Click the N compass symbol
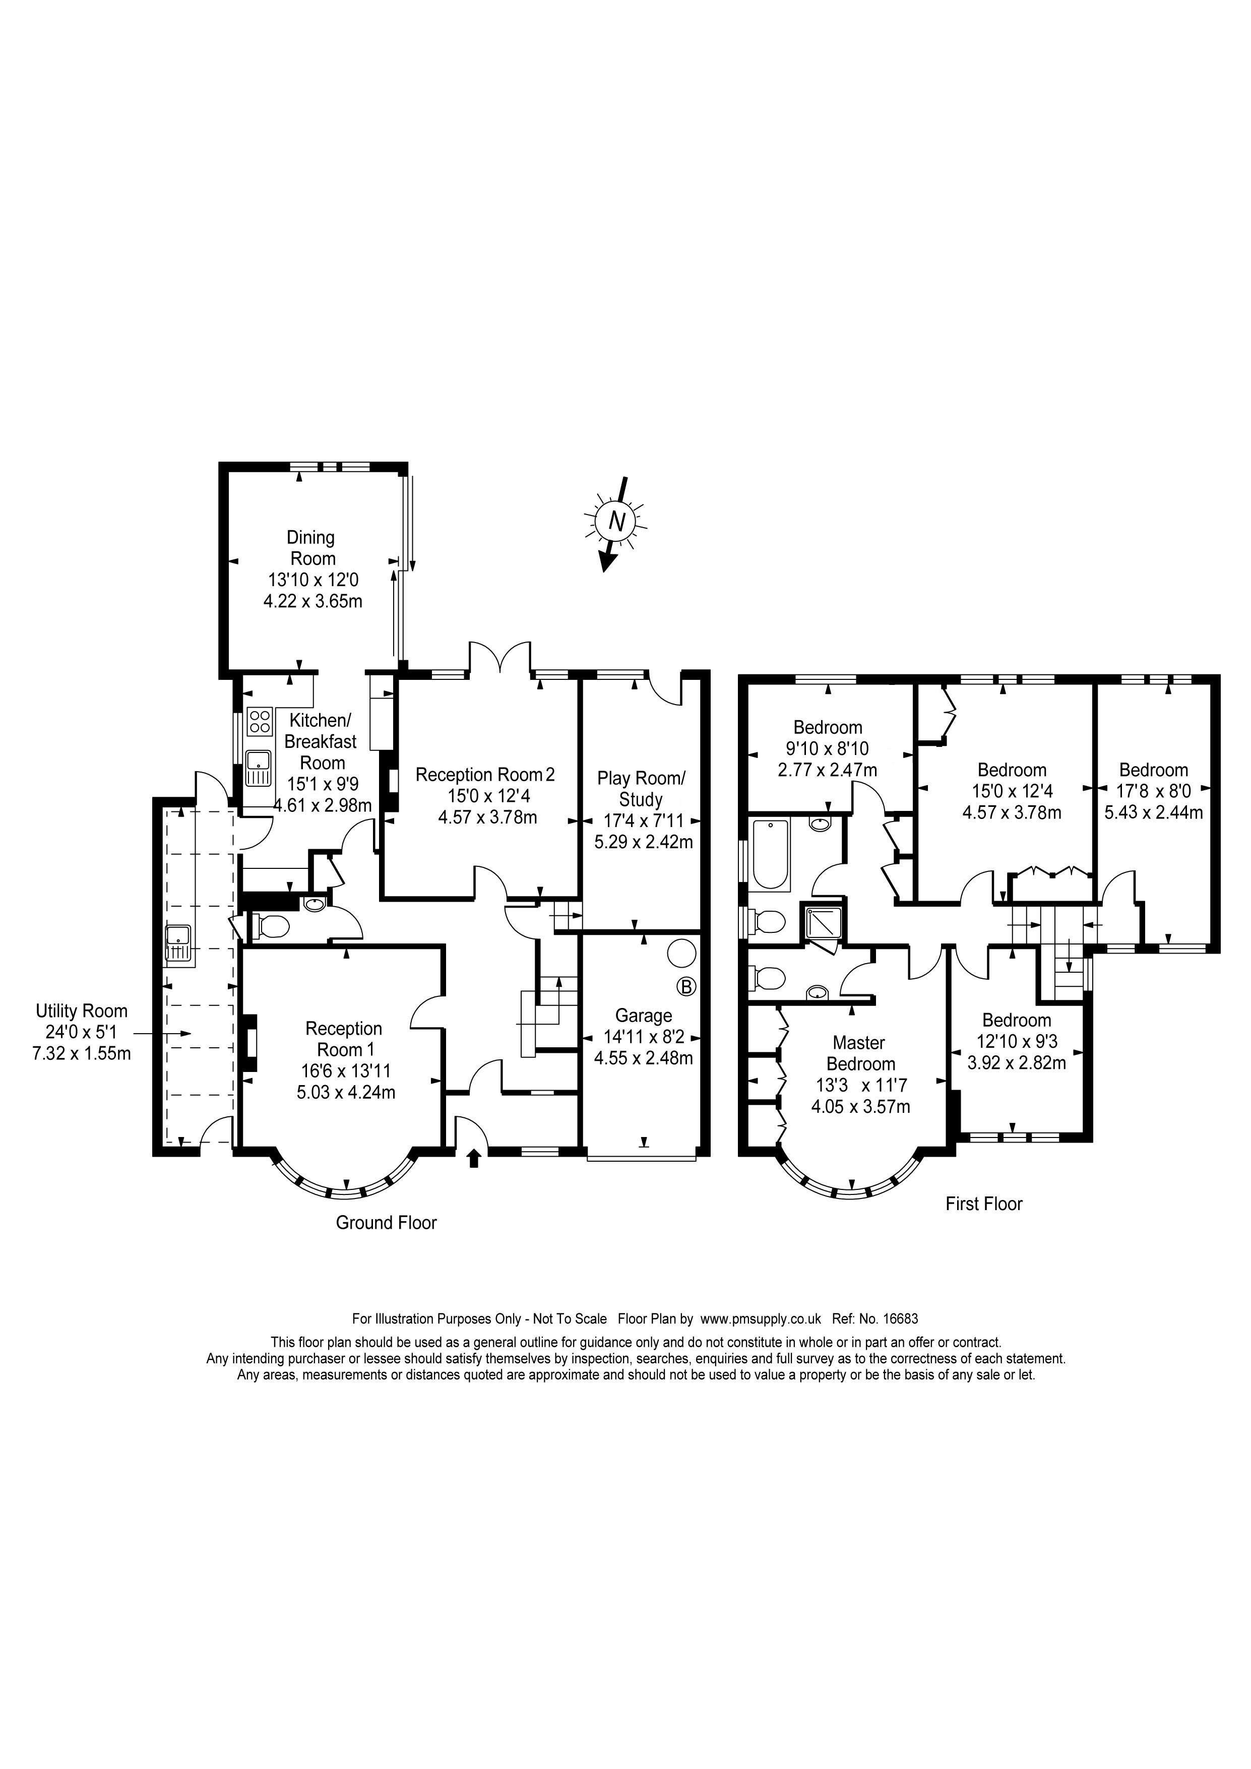(x=616, y=522)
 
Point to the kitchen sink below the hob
(x=260, y=768)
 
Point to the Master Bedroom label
(x=860, y=1053)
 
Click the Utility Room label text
(x=82, y=1011)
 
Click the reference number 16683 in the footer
(x=899, y=1318)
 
